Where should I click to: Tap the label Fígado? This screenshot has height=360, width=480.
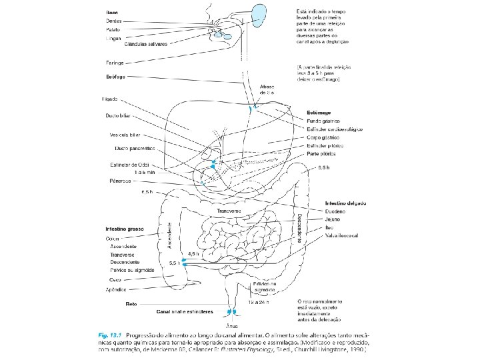click(x=109, y=99)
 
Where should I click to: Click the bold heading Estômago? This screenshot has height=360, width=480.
click(x=319, y=112)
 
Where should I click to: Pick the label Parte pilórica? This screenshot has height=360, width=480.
click(x=322, y=152)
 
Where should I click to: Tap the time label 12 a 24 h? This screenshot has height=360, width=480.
click(x=258, y=303)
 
